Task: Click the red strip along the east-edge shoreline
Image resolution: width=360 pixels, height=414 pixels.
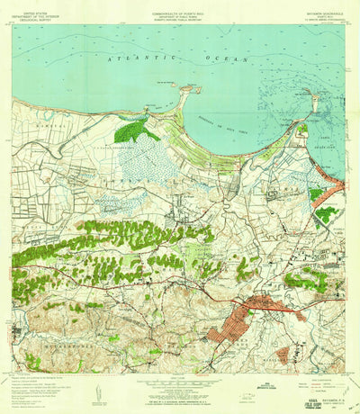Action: point(333,189)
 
